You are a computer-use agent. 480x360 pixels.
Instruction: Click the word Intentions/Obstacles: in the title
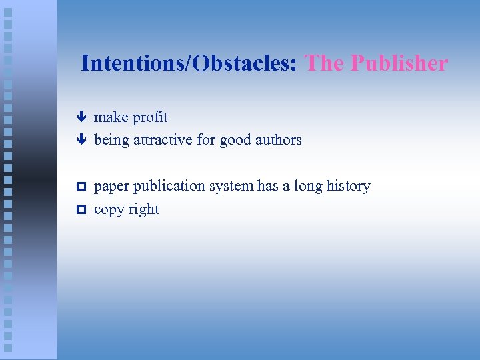[190, 64]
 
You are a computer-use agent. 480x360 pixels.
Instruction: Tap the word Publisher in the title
[399, 64]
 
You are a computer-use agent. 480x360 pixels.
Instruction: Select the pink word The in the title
[324, 64]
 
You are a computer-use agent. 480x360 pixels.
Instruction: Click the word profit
[150, 118]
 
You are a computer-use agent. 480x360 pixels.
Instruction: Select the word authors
[279, 140]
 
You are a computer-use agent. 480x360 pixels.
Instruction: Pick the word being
[112, 141]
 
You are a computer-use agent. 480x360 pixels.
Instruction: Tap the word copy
[109, 210]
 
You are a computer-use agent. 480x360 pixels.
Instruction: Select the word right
[144, 209]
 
